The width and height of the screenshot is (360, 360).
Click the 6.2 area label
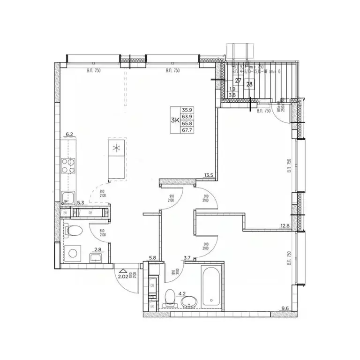coord(70,135)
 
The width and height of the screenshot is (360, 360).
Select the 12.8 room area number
coord(285,227)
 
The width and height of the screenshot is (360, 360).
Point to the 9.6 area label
coord(286,308)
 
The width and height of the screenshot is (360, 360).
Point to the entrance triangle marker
coord(122,270)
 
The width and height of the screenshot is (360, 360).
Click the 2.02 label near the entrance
coord(123,277)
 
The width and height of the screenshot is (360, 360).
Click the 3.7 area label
coord(187,257)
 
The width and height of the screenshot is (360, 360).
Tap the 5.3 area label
coord(80,203)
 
